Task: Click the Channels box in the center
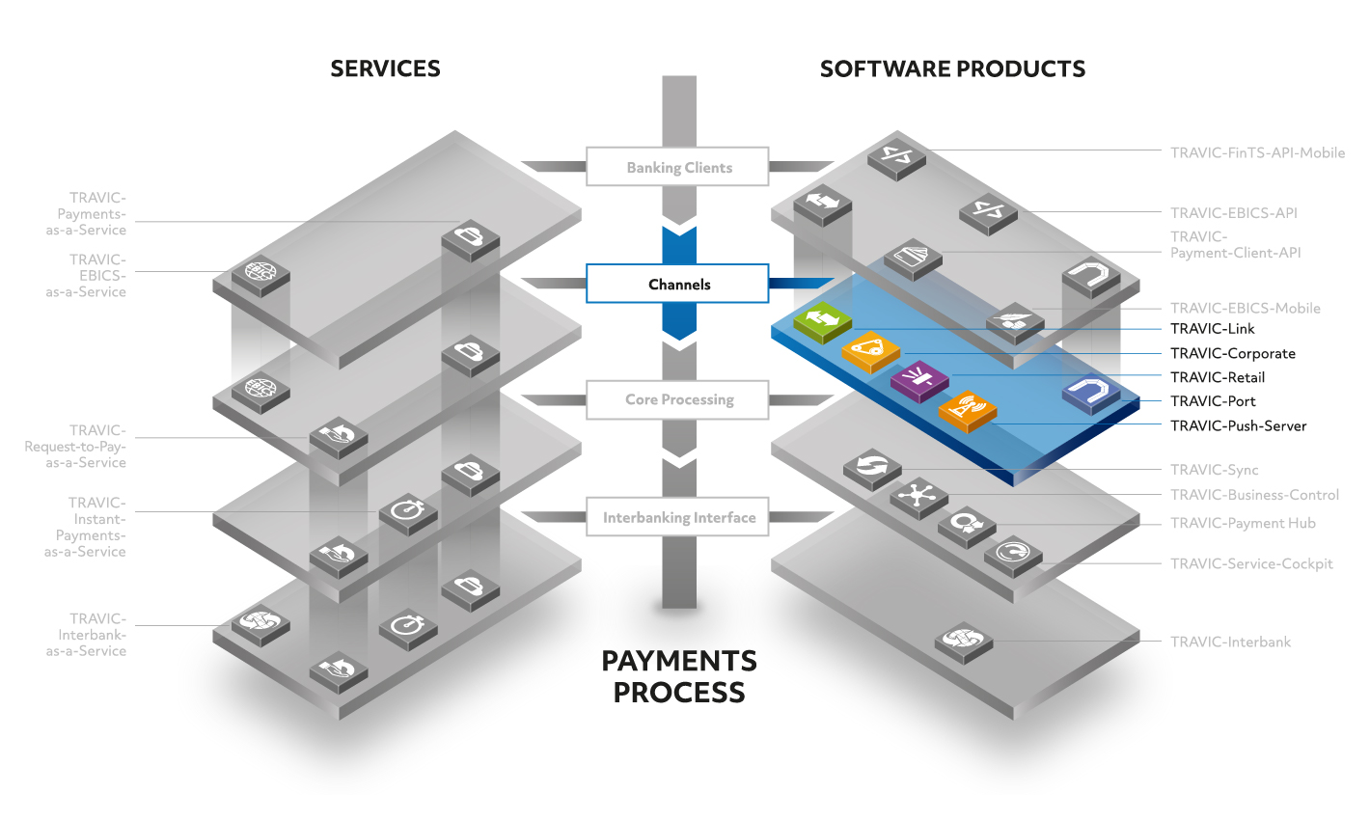coord(677,284)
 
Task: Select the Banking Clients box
coord(677,166)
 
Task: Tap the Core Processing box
coord(677,400)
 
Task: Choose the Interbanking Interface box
coord(677,517)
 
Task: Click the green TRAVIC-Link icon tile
coord(822,321)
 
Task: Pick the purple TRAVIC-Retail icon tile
coord(919,381)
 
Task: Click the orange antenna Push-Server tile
coord(968,411)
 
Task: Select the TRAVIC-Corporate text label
coord(1232,353)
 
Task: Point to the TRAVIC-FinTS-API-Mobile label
coord(1257,152)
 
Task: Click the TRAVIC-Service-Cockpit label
coord(1251,563)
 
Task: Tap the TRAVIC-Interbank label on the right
coord(1230,642)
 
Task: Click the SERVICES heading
coord(385,68)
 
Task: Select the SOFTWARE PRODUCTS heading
coord(952,69)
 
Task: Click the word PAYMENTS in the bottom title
coord(679,661)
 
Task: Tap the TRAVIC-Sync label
coord(1214,470)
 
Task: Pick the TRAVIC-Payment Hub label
coord(1243,524)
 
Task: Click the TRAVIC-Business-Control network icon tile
coord(918,497)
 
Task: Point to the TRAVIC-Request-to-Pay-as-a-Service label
coord(75,447)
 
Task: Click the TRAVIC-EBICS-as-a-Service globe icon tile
coord(260,275)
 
